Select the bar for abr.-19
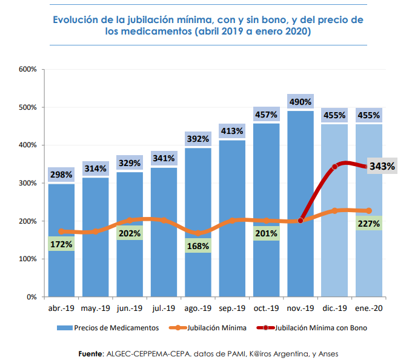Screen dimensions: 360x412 tap(61, 267)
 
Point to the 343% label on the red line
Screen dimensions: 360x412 tap(382, 166)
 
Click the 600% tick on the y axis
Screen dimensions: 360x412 tap(28, 70)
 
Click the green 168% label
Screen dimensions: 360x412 tap(198, 246)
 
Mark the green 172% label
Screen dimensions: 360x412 tap(61, 245)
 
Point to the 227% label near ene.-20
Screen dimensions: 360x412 tap(369, 224)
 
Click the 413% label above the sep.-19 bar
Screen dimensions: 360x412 tap(232, 131)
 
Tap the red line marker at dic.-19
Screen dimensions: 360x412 tap(334, 166)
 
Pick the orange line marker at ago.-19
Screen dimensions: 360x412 tap(198, 233)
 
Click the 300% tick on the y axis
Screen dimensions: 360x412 tap(28, 183)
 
